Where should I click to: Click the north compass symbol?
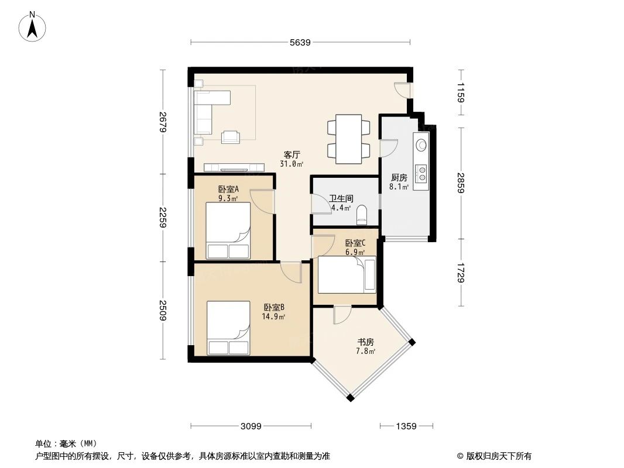coord(33,26)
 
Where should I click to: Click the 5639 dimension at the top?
coord(300,42)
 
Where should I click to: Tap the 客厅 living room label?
coord(292,155)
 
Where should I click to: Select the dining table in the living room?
coord(349,138)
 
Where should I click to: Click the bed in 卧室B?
coord(228,328)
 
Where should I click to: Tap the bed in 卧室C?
coord(346,276)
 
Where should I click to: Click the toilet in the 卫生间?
coord(361,214)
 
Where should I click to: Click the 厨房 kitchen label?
coord(399,178)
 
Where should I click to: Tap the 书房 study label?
coord(366,342)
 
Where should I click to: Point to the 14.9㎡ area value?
coord(273,317)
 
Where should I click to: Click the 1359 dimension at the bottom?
coord(406,426)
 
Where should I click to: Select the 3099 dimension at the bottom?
coord(251,426)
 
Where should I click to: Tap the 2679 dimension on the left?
coord(163,122)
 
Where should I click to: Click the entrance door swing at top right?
coord(402,90)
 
